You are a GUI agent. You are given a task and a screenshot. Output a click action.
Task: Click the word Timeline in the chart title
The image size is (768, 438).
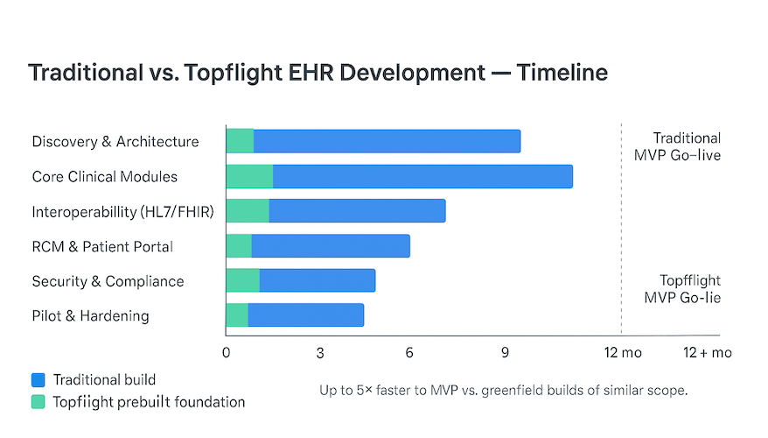click(562, 73)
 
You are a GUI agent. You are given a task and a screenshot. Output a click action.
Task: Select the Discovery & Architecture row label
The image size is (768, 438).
click(115, 142)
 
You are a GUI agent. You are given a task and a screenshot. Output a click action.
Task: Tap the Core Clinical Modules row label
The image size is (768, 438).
click(104, 177)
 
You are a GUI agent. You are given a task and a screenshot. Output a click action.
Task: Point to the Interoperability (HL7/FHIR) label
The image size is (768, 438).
click(122, 212)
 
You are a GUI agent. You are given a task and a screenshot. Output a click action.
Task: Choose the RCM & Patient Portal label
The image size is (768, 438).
click(102, 247)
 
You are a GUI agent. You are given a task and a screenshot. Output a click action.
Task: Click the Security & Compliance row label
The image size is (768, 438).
click(108, 281)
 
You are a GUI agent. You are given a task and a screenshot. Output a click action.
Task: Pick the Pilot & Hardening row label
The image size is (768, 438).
click(90, 316)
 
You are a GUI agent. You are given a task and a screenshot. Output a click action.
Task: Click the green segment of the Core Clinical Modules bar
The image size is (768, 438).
click(249, 176)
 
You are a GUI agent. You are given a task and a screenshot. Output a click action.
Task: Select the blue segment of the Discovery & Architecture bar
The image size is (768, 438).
click(387, 141)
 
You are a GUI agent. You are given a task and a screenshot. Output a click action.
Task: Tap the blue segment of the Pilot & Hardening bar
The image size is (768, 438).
click(305, 315)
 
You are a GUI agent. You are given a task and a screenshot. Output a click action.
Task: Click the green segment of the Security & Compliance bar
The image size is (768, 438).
click(242, 280)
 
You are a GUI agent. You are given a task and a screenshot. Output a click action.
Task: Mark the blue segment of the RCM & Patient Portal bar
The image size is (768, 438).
click(330, 246)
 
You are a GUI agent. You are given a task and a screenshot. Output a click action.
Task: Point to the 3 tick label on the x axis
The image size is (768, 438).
click(320, 353)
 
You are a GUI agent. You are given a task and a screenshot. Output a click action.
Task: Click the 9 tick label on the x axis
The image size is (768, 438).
click(505, 353)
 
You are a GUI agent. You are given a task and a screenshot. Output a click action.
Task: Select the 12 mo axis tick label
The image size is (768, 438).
click(620, 353)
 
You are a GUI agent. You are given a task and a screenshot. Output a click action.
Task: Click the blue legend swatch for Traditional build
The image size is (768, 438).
click(38, 380)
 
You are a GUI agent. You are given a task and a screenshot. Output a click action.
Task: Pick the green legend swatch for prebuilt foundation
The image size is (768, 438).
click(38, 402)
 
